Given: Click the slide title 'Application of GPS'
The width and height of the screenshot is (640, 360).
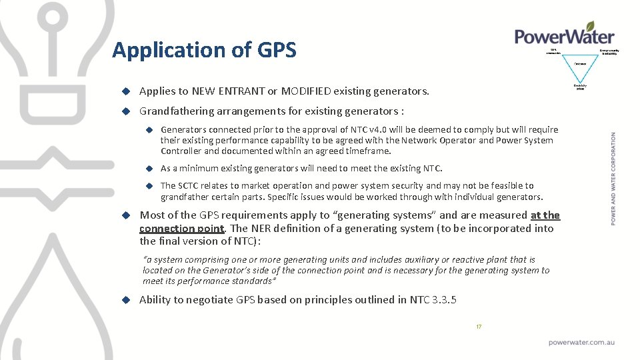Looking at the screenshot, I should click(204, 50).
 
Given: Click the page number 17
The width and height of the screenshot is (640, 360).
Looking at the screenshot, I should click(478, 327).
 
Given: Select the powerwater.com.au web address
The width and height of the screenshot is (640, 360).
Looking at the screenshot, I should click(581, 342).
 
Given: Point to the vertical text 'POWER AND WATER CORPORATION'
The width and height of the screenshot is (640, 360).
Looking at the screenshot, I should click(613, 178).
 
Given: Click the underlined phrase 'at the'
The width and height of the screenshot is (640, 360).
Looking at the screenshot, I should click(545, 215).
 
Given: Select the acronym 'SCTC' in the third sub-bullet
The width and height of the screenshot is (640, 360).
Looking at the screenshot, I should click(190, 185).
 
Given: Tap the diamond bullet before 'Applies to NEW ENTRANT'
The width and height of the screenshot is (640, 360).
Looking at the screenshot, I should click(125, 91).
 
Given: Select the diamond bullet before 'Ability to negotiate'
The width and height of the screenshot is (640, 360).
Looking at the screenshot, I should click(125, 299).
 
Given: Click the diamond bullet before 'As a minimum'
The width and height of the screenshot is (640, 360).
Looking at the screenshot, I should click(150, 168).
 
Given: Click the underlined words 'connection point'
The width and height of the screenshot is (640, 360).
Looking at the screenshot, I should click(181, 228).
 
